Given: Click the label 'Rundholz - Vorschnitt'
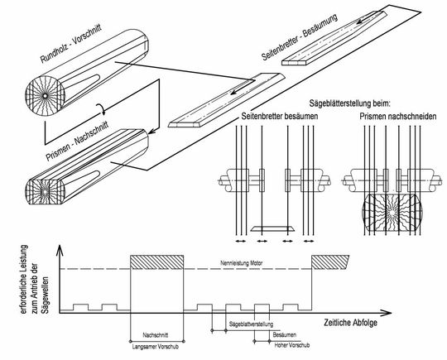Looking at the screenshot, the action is pyautogui.click(x=71, y=43).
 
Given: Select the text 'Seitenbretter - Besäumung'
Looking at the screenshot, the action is pyautogui.click(x=300, y=36).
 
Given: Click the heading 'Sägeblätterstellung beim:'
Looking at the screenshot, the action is pyautogui.click(x=349, y=103).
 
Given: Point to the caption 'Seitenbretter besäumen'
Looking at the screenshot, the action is pyautogui.click(x=280, y=117).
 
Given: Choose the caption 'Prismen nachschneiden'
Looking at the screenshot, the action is pyautogui.click(x=398, y=117).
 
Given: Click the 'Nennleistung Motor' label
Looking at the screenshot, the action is pyautogui.click(x=242, y=263).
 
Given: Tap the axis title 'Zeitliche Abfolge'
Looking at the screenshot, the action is pyautogui.click(x=350, y=323).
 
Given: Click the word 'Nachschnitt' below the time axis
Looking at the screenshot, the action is pyautogui.click(x=156, y=335).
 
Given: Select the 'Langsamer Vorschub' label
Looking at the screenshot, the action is pyautogui.click(x=156, y=347).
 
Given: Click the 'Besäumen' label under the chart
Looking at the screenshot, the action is pyautogui.click(x=285, y=335).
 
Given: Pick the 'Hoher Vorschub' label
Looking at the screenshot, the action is pyautogui.click(x=292, y=345).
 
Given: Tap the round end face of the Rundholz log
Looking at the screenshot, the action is pyautogui.click(x=45, y=96).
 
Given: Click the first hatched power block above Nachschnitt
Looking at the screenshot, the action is pyautogui.click(x=156, y=262).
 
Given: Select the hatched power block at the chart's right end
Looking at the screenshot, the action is pyautogui.click(x=330, y=262).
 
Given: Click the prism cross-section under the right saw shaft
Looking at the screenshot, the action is pyautogui.click(x=392, y=213).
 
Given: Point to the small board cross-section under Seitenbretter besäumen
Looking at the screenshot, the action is pyautogui.click(x=272, y=228).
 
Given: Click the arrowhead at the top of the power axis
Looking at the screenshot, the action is pyautogui.click(x=60, y=250).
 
